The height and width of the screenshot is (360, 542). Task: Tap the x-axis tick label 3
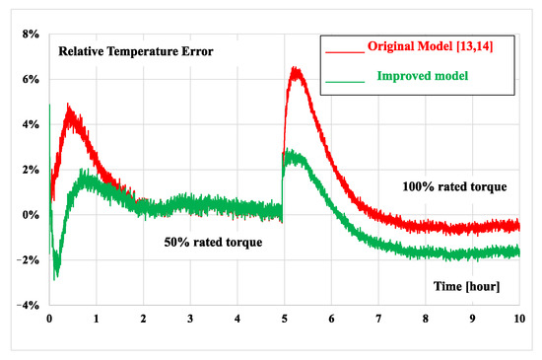pyautogui.click(x=190, y=320)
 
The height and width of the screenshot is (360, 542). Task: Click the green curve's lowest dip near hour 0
pyautogui.click(x=55, y=278)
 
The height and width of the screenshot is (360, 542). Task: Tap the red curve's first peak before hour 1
pyautogui.click(x=67, y=106)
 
